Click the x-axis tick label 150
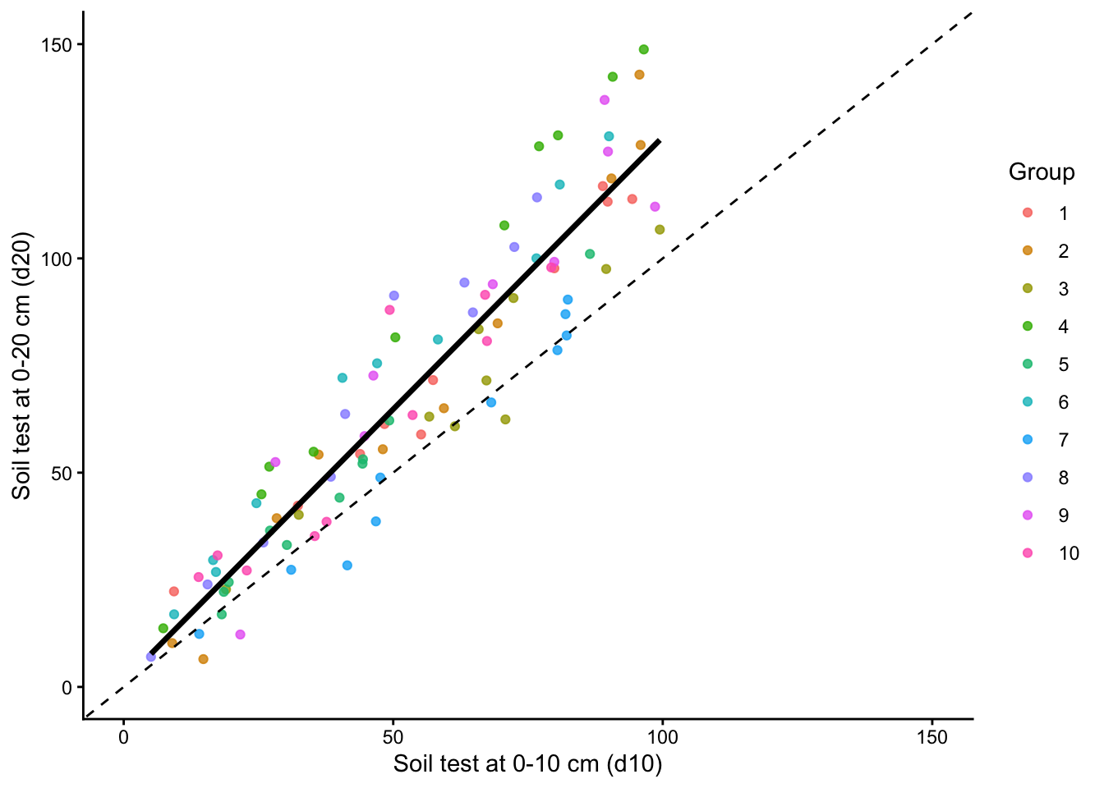tap(931, 737)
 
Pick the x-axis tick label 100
tap(662, 737)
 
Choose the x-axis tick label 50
tap(393, 737)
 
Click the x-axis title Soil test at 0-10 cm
tap(527, 764)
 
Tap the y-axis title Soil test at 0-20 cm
tap(22, 365)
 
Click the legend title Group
tap(1042, 172)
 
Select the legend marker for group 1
tap(1028, 213)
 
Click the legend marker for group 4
tap(1028, 327)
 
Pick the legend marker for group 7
tap(1028, 440)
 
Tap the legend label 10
tap(1069, 553)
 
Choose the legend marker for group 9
tap(1028, 515)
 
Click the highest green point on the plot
tap(643, 49)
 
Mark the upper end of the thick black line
tap(659, 141)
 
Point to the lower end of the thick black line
tap(152, 653)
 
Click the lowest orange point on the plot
tap(203, 659)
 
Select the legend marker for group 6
tap(1028, 402)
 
